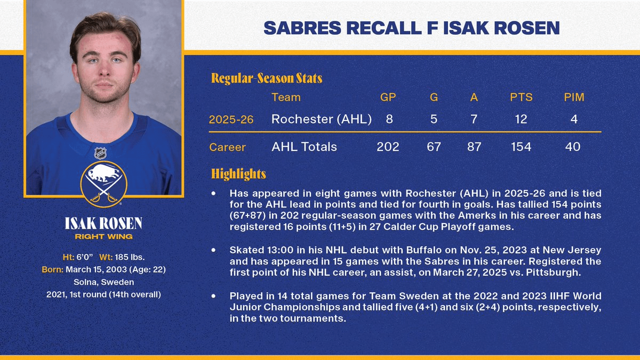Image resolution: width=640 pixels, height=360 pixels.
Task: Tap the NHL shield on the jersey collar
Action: pos(100,154)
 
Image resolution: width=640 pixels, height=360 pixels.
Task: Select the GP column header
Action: pos(388,97)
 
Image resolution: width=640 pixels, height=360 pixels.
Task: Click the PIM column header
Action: pos(574,97)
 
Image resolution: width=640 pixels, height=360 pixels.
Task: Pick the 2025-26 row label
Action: pos(231,119)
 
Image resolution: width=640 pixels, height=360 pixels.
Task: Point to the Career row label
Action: pos(228,147)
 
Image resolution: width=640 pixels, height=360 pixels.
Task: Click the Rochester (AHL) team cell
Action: pos(321,119)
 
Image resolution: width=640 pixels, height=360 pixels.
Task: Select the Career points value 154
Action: pos(521,147)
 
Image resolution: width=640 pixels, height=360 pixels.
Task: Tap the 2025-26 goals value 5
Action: pos(434,119)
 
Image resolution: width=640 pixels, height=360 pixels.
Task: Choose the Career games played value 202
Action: pos(388,147)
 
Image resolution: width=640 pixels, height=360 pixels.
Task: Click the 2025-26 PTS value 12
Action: pos(521,119)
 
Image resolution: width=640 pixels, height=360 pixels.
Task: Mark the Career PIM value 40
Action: pos(573,147)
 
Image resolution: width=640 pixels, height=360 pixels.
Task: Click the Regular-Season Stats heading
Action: pos(267,78)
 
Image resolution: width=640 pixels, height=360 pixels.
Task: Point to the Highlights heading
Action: pos(238,174)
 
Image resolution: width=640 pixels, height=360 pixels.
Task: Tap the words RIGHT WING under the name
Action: pos(103,236)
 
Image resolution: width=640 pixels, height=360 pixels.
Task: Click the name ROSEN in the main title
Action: pos(527,28)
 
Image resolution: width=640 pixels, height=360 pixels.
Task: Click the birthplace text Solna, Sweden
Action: pos(104,282)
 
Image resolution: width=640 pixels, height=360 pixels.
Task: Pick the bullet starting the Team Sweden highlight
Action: pos(214,295)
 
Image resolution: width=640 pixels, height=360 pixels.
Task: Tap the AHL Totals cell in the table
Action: pos(304,147)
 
